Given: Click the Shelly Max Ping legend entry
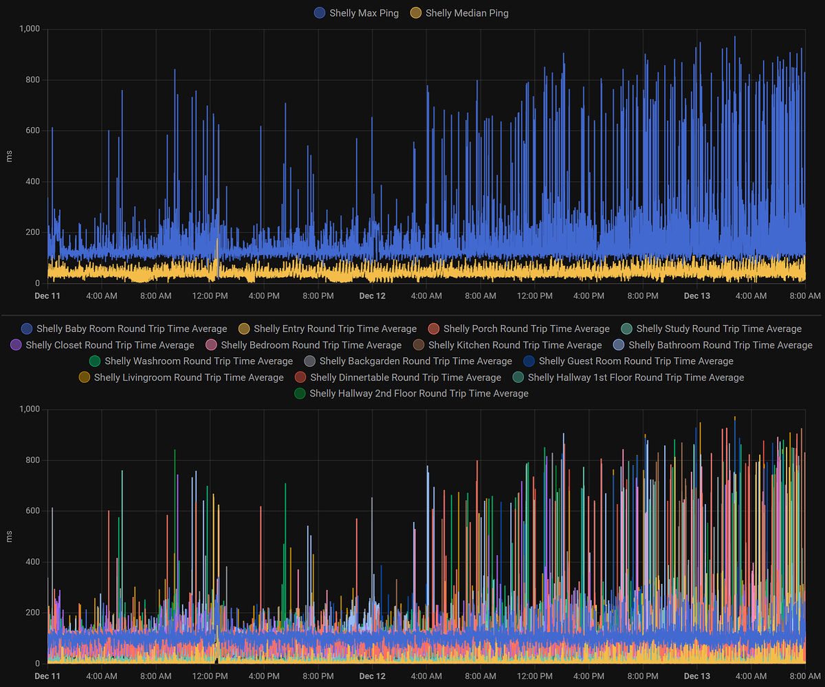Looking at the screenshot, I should [364, 13].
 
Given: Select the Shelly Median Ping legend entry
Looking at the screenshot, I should [467, 13].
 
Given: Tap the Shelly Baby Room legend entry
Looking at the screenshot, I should [131, 329].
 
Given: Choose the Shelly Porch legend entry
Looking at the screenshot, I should [526, 329].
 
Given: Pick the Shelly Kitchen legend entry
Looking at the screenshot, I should [514, 345].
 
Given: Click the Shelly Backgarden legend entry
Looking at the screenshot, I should [415, 361].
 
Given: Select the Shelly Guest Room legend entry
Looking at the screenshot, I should [636, 361].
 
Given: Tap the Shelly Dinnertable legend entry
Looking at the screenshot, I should [405, 377].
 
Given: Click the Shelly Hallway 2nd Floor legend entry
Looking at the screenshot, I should [419, 394].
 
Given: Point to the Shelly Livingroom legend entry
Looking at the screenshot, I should [188, 377].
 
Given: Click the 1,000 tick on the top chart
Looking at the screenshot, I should [30, 29].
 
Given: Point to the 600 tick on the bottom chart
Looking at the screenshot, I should [33, 511].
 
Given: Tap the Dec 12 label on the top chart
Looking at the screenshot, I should [372, 296].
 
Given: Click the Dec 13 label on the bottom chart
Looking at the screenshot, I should [696, 677].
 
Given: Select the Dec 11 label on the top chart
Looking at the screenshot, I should [47, 296].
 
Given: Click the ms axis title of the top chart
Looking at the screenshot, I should [9, 156].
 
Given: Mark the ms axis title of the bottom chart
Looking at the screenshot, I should [9, 537].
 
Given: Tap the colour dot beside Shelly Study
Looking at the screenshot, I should [626, 329].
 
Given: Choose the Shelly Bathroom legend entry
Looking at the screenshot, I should [720, 345].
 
